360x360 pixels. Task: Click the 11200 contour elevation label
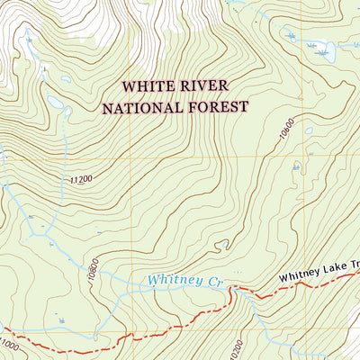point(79,180)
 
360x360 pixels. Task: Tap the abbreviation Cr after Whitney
point(213,282)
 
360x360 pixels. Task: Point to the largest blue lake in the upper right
point(323,52)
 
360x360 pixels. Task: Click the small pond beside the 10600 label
point(309,130)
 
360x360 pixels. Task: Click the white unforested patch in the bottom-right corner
point(346,346)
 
